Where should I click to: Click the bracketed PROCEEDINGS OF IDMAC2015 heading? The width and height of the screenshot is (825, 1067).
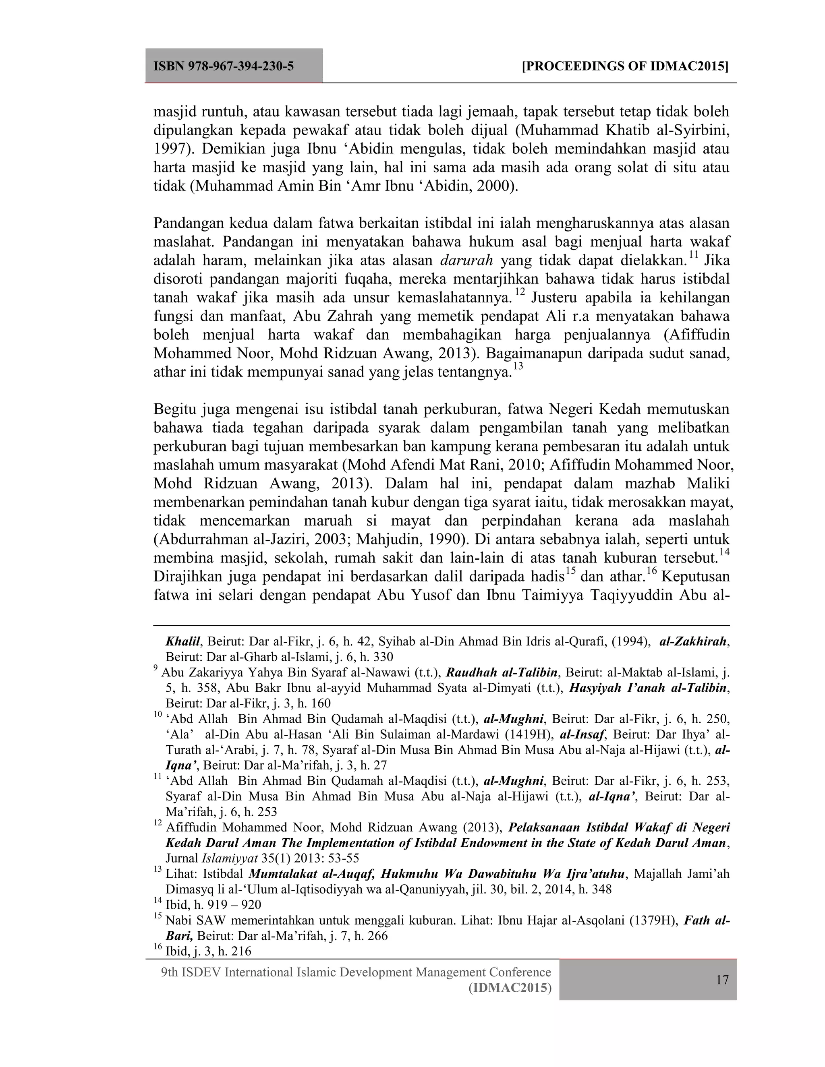click(x=625, y=66)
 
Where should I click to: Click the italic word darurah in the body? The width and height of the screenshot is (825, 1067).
click(x=466, y=261)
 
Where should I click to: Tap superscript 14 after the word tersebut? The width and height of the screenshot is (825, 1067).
click(x=724, y=552)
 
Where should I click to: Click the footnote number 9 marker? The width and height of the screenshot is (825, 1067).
click(x=156, y=668)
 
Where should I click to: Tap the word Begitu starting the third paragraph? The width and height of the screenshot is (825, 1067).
click(x=174, y=409)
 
